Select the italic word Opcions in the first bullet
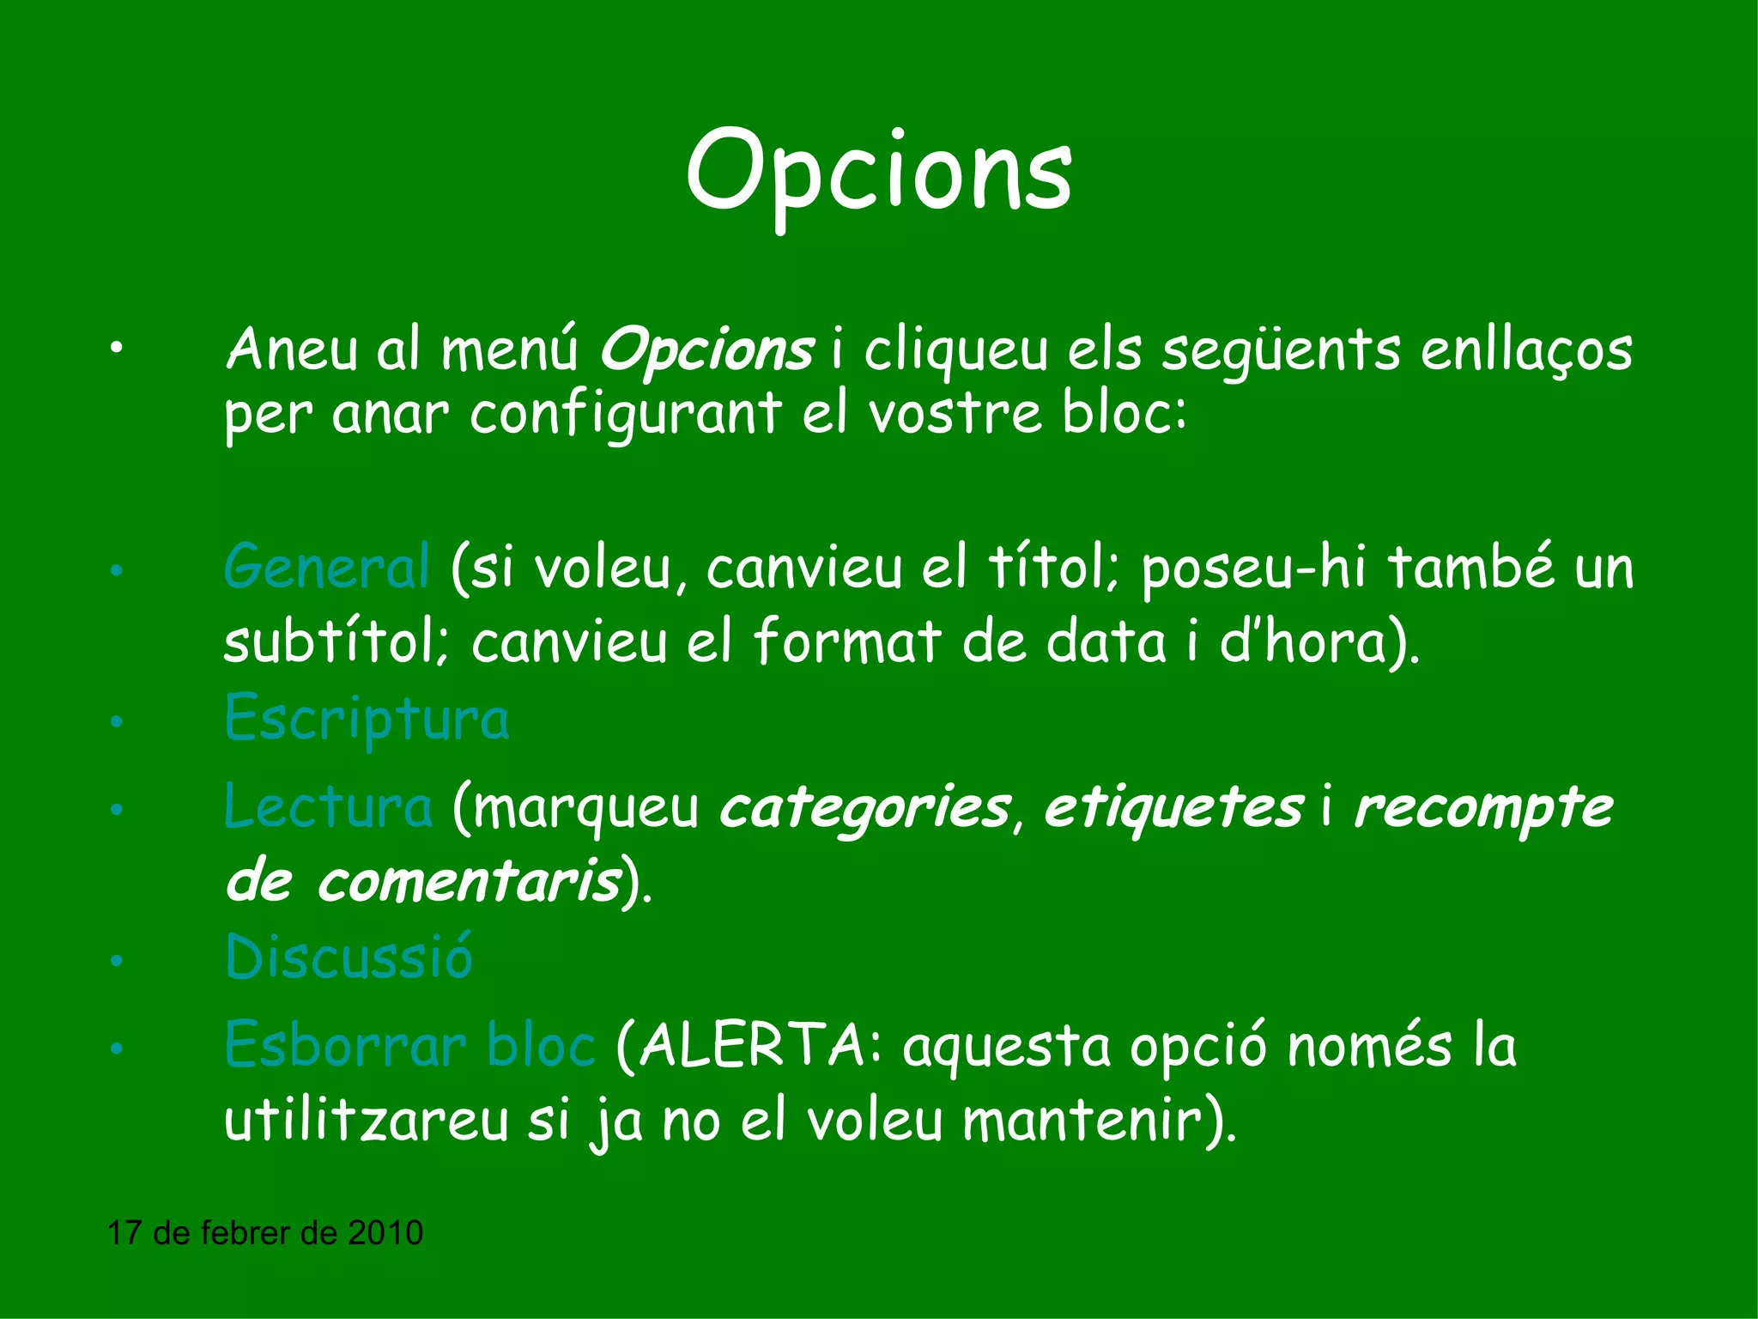pos(706,350)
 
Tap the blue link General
pos(326,567)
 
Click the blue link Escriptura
pos(367,720)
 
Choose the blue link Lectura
pos(328,807)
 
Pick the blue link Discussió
pos(349,957)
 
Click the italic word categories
pos(864,807)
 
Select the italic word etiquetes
pos(1173,807)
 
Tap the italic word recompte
pos(1483,807)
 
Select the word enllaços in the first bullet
pos(1525,350)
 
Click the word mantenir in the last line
pos(1082,1120)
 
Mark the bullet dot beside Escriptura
pos(117,722)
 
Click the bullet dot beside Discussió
pos(117,961)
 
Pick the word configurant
pos(625,415)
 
